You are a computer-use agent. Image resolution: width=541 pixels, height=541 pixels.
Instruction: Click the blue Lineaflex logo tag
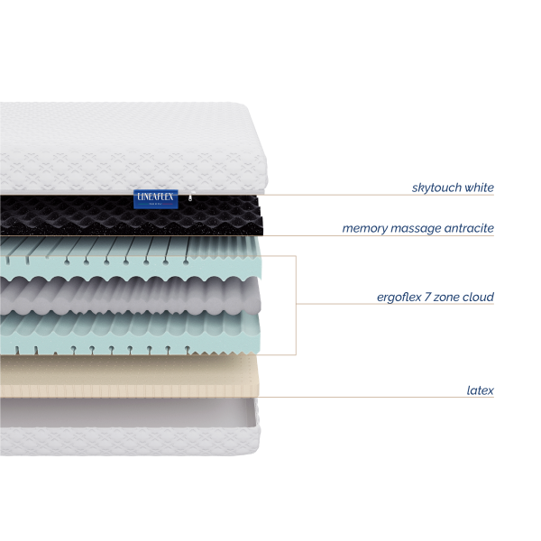click(156, 199)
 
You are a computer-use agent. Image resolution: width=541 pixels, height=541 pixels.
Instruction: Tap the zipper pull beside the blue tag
click(191, 197)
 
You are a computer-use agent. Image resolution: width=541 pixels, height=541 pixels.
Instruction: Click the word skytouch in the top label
click(436, 188)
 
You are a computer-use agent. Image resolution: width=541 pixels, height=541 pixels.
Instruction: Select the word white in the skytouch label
click(480, 188)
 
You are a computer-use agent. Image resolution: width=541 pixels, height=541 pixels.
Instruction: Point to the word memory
click(365, 228)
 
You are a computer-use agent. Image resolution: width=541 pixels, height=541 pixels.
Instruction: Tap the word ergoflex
click(399, 297)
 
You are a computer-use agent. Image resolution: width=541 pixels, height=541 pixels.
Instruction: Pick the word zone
click(446, 298)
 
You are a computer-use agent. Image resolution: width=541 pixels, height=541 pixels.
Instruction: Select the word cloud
click(478, 297)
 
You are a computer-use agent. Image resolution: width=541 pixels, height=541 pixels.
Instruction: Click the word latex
click(481, 390)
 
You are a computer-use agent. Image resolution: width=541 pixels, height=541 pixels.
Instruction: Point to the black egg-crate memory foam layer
click(131, 215)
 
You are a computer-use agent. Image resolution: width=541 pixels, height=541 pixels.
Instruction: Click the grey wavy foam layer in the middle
click(131, 296)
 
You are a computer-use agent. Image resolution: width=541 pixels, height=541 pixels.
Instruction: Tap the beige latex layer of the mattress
click(129, 376)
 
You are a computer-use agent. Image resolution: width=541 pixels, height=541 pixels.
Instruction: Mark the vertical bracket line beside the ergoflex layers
click(296, 305)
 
